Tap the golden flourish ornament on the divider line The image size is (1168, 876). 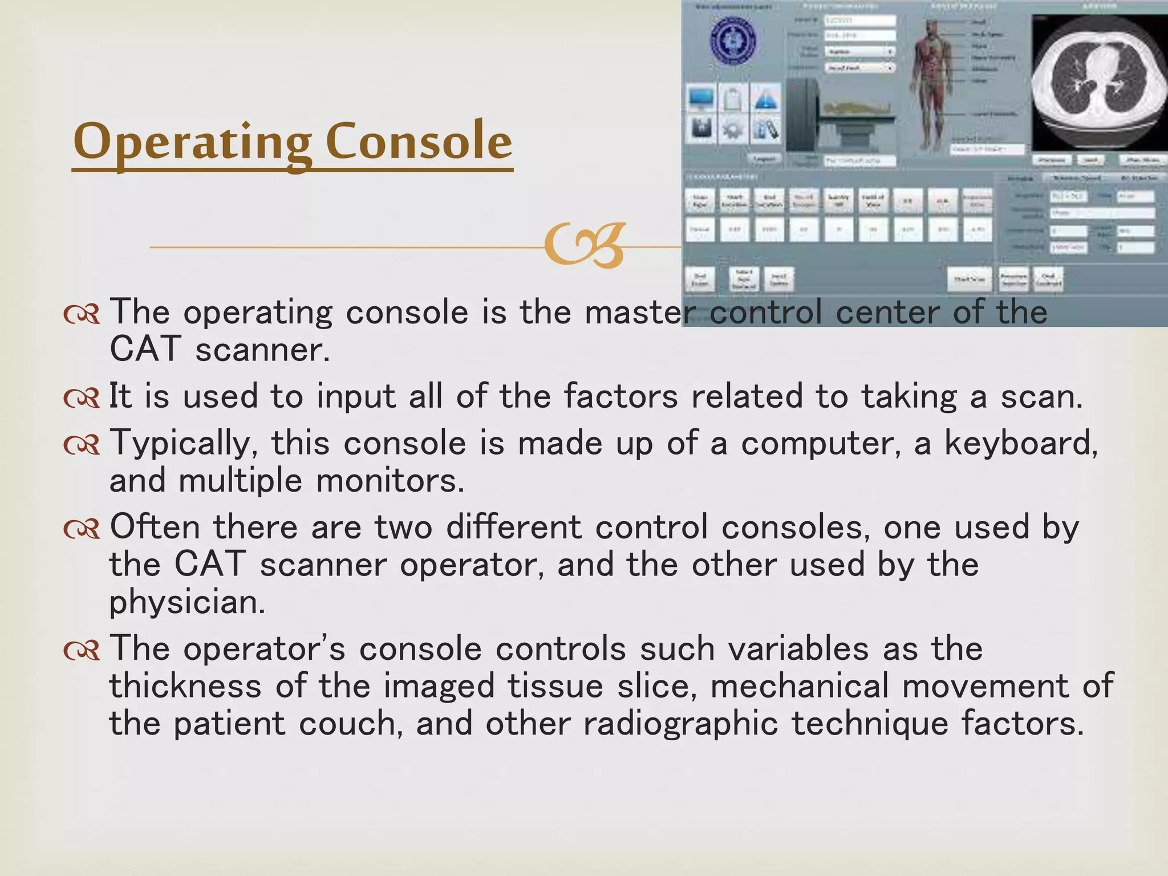tap(584, 245)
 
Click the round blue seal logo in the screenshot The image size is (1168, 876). tap(733, 40)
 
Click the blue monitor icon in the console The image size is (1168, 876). tap(701, 99)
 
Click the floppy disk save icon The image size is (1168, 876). tap(701, 129)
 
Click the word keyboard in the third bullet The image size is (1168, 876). tap(1020, 443)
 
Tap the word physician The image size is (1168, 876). tap(186, 602)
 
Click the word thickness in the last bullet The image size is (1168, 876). tap(185, 686)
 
